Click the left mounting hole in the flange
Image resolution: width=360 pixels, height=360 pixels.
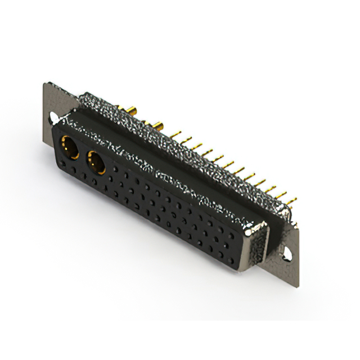[x=53, y=118]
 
